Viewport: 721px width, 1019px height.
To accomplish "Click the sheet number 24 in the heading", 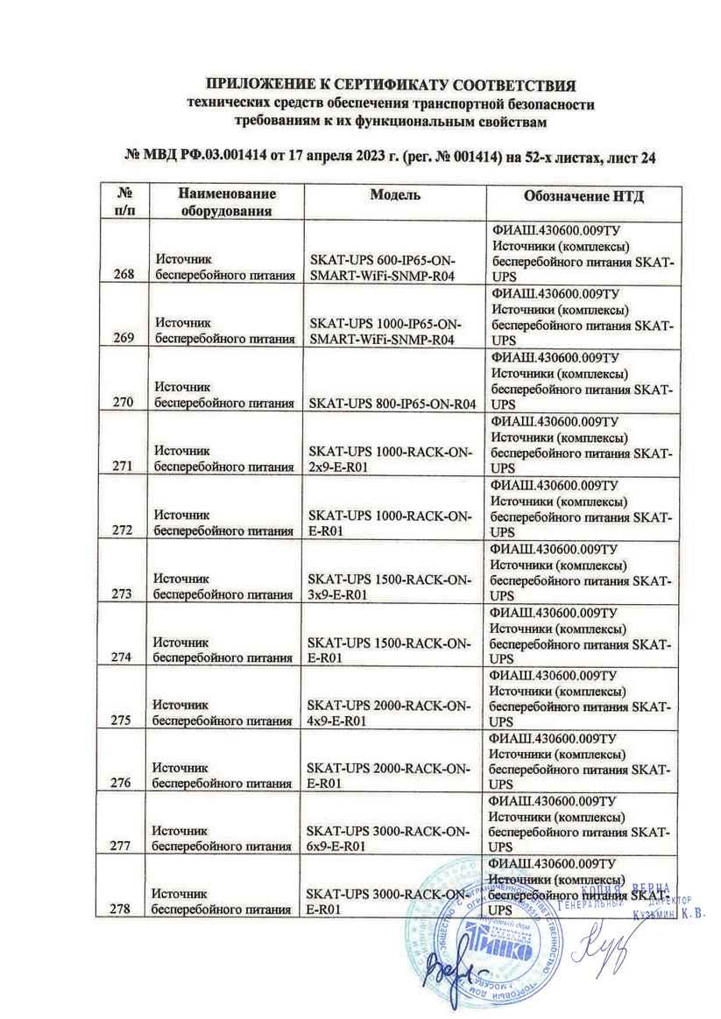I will click(x=648, y=157).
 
